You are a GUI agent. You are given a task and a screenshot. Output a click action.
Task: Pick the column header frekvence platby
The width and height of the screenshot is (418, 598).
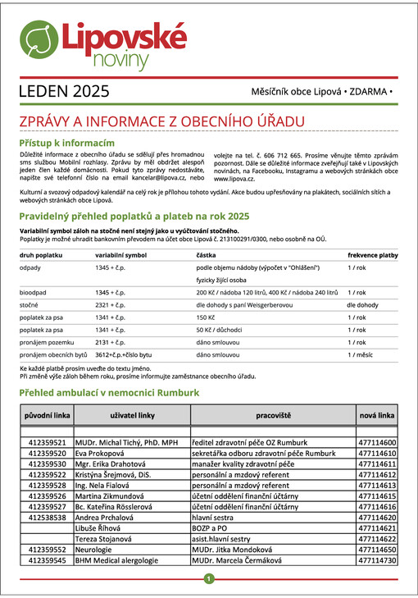pos(373,255)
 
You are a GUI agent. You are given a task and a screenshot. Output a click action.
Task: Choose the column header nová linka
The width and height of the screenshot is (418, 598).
pos(376,416)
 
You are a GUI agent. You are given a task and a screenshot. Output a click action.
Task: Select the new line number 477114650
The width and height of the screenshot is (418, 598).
pos(377,550)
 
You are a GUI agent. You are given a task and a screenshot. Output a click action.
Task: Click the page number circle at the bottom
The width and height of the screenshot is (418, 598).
pos(209,579)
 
